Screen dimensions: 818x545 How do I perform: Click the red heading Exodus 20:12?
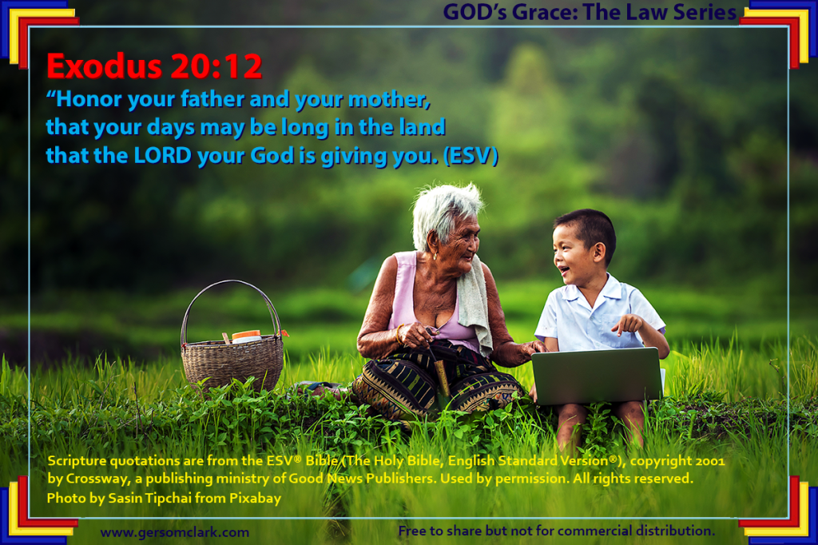[154, 66]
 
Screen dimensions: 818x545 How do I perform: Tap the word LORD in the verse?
[163, 155]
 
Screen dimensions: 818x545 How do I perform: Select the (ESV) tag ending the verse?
[471, 156]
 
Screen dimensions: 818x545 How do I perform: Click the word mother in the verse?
[389, 99]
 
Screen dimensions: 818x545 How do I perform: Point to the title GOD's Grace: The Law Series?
[590, 12]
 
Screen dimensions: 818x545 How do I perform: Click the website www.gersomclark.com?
[175, 532]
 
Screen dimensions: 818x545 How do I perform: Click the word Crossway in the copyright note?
[97, 479]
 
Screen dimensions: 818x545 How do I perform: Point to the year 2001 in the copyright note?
[709, 461]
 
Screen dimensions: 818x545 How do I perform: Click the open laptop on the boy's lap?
[597, 376]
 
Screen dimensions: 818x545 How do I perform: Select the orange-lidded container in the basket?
[246, 336]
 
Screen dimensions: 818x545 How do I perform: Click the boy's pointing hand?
[626, 324]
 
